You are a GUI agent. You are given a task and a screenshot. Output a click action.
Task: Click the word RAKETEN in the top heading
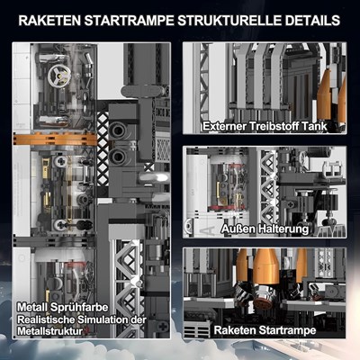pos(49,21)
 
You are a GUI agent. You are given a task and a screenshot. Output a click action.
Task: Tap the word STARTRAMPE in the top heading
pos(130,21)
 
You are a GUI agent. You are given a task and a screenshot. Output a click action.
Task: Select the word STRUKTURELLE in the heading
pos(229,21)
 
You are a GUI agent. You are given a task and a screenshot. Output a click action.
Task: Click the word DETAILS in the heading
pos(312,21)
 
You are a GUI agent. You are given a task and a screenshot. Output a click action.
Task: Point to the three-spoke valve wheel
pos(59,75)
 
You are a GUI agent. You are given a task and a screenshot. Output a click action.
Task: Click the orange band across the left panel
pos(55,139)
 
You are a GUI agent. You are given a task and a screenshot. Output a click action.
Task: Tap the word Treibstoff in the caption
pos(274,126)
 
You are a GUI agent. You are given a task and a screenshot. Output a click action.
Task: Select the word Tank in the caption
pos(314,126)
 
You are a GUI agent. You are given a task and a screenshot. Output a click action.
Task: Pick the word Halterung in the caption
pos(283,229)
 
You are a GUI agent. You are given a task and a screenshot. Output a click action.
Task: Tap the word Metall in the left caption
pos(32,307)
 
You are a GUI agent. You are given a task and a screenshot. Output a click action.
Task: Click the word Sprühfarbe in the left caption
pos(79,308)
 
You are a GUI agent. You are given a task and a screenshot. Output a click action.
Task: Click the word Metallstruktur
pos(49,331)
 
